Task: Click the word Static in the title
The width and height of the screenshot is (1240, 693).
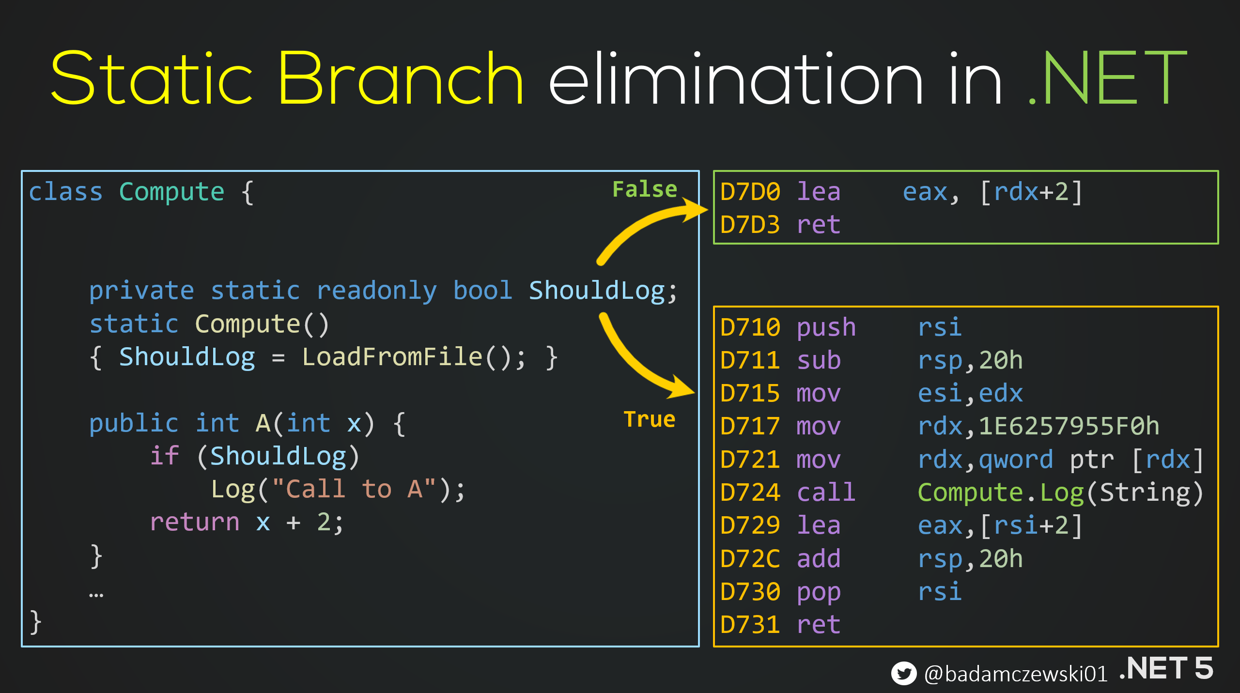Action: tap(151, 78)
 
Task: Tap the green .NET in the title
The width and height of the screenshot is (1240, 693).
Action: tap(1106, 78)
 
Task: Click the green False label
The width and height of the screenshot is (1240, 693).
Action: tap(645, 189)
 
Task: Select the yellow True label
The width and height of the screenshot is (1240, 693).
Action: tap(649, 419)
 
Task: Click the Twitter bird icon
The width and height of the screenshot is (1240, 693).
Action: tap(903, 673)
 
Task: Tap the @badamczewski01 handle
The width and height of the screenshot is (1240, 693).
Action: tap(1016, 674)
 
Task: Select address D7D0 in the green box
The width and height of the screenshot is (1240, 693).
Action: tap(750, 192)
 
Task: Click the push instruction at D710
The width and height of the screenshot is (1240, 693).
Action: tap(826, 328)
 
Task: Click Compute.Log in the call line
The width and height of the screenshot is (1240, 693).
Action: tap(1000, 493)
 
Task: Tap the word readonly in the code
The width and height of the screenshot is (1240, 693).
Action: tap(376, 291)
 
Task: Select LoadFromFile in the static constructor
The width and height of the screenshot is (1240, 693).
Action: tap(392, 357)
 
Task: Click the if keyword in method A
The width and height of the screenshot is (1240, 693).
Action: tap(165, 456)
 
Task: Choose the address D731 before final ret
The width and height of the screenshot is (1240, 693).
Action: tap(750, 625)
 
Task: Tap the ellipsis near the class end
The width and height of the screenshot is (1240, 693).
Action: tap(96, 595)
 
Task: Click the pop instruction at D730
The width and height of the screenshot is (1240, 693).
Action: tap(819, 592)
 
